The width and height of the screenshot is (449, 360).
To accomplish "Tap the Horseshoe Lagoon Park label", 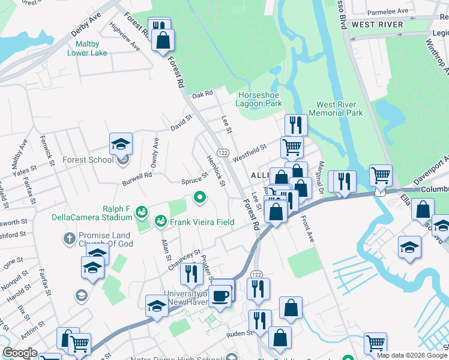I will (260, 99).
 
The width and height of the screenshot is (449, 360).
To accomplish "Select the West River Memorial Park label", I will (336, 109).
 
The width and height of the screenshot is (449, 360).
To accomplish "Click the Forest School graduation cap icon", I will (121, 144).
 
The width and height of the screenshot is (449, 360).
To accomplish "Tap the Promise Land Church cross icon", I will (68, 239).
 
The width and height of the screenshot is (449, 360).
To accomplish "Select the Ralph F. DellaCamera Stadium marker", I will (142, 211).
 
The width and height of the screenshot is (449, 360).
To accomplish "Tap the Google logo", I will (20, 353).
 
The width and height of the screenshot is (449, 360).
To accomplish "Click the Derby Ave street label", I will (86, 25).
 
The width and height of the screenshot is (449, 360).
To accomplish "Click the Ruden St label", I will (238, 334).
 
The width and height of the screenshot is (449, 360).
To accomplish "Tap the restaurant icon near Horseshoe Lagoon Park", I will (295, 125).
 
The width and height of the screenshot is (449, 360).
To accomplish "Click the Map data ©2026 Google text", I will (412, 355).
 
